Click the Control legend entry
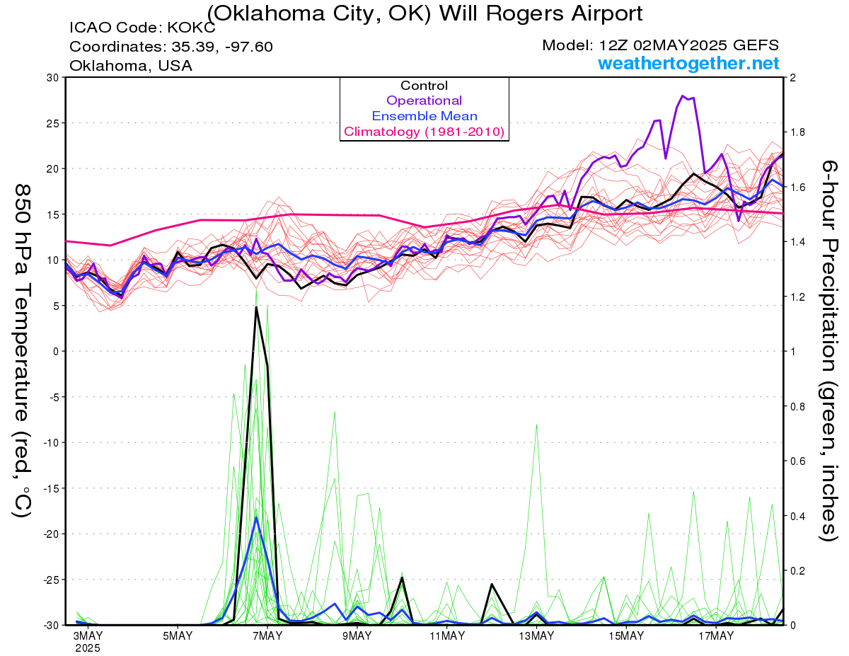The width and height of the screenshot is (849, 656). tap(424, 85)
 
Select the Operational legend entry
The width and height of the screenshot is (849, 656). tap(424, 100)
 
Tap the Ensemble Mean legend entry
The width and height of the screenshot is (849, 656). tap(424, 116)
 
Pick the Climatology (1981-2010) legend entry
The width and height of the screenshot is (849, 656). tap(424, 132)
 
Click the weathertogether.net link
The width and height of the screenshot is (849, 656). tap(688, 63)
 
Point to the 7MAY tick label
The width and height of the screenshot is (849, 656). tap(267, 635)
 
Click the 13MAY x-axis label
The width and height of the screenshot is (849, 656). tap(536, 635)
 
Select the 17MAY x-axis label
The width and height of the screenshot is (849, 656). tap(716, 635)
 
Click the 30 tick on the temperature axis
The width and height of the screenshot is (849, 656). tap(53, 77)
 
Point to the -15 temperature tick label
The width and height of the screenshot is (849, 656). tap(51, 488)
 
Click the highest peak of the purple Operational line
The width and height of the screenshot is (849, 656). tap(682, 96)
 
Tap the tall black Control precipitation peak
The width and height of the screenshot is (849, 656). tap(256, 307)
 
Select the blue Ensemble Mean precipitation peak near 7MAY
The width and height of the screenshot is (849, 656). tap(256, 517)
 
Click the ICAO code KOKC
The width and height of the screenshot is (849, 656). tap(191, 28)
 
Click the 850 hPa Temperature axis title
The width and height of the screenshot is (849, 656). tap(23, 350)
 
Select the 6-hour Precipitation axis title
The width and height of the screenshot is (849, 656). tap(828, 350)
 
